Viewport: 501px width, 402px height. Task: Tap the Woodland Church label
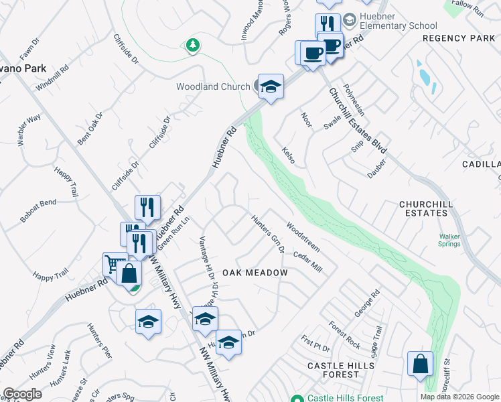pos(213,86)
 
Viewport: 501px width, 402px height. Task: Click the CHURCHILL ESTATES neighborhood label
pos(432,208)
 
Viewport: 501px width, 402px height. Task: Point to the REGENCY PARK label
pos(459,38)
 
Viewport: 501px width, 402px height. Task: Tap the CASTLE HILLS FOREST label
pos(342,370)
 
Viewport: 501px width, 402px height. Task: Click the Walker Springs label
pos(449,240)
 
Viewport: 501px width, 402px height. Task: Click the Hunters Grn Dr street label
pos(269,233)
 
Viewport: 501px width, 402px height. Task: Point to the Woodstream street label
pos(303,237)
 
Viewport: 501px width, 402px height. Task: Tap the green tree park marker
pos(193,45)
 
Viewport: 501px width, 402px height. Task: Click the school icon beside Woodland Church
pos(271,86)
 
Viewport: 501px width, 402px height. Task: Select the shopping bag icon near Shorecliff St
pos(420,364)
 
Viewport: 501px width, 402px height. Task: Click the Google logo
pos(21,394)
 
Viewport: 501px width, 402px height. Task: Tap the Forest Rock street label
pos(344,335)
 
